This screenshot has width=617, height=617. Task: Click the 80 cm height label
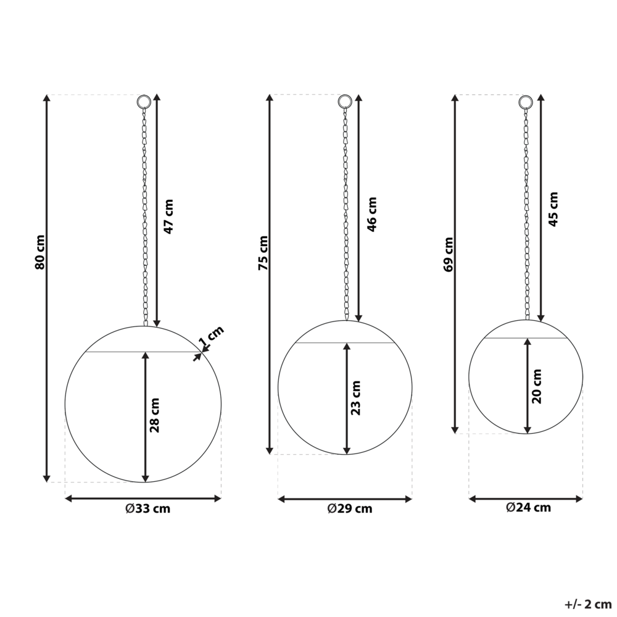point(40,252)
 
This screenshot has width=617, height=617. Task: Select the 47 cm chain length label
point(168,217)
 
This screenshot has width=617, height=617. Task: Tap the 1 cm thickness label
point(211,337)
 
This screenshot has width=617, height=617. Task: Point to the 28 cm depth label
point(155,415)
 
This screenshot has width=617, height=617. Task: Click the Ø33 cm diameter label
point(148,509)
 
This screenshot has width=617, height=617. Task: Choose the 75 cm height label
point(263,253)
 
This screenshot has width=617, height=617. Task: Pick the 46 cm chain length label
point(372,215)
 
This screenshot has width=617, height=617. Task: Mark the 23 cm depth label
point(356,398)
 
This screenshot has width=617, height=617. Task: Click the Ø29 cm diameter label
point(350,509)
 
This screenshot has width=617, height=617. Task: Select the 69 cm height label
point(448,254)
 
